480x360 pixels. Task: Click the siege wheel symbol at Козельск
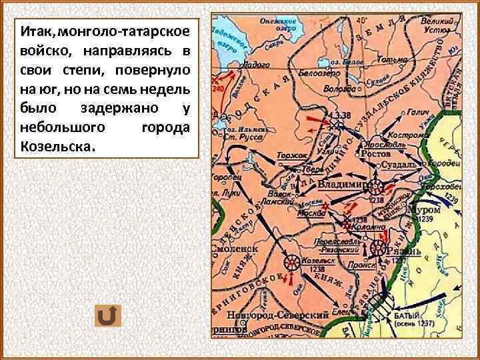click(291, 262)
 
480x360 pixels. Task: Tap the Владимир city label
click(339, 183)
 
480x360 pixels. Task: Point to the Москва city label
click(311, 214)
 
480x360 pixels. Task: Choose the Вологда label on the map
click(339, 87)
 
